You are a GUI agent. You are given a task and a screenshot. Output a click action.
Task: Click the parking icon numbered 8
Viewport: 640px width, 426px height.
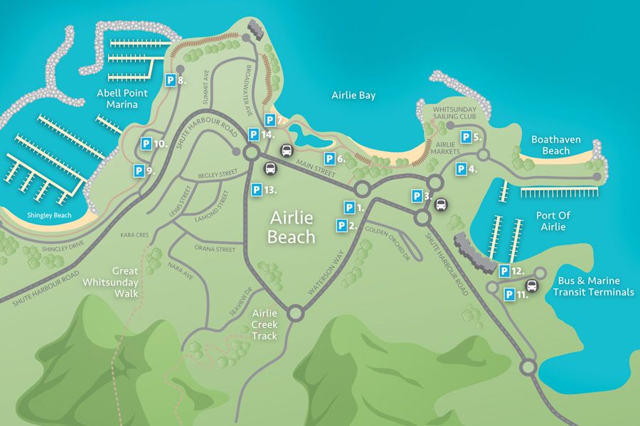tap(171, 81)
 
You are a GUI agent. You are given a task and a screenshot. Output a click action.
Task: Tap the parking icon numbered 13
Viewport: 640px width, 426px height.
tap(256, 190)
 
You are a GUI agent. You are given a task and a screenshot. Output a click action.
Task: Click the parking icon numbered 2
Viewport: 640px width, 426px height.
tap(342, 226)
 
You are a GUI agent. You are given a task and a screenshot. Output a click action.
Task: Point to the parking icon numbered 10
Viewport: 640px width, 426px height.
tap(145, 143)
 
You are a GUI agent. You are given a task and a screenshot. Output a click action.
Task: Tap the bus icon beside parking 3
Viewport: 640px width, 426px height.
tap(441, 204)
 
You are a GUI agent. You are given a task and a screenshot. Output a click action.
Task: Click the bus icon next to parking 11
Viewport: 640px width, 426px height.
tap(531, 287)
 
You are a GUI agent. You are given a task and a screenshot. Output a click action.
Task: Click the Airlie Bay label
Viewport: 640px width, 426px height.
tap(353, 95)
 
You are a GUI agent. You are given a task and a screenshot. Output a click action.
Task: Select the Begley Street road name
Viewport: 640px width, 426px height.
tap(218, 173)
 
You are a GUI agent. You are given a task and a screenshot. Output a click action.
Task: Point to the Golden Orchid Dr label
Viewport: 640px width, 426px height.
tap(388, 243)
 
